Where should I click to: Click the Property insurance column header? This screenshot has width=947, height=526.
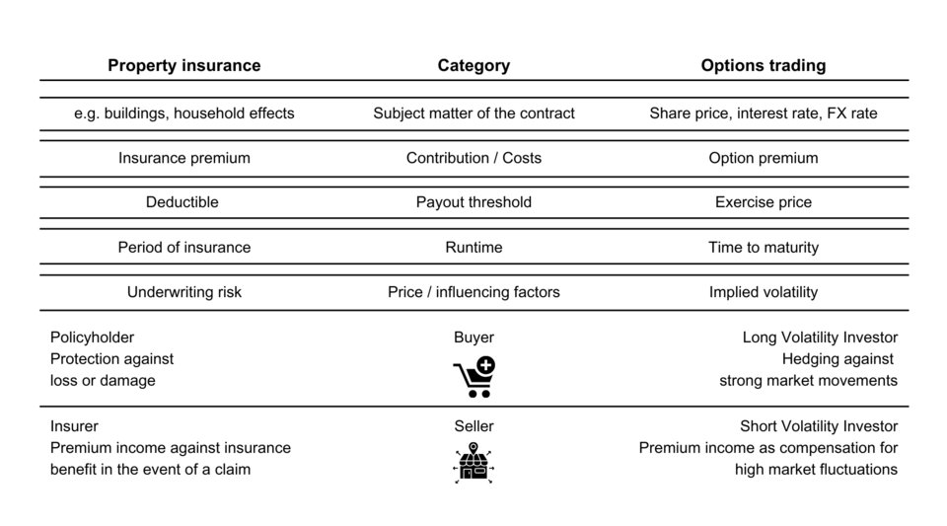pos(184,65)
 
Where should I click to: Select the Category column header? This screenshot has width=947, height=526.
pos(473,65)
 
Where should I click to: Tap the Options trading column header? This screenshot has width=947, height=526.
pos(764,65)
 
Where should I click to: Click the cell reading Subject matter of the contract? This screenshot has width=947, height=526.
pos(473,113)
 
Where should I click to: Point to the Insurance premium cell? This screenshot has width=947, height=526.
pos(184,158)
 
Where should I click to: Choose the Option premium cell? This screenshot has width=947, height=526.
pos(764,158)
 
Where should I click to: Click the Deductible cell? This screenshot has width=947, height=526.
pos(182,201)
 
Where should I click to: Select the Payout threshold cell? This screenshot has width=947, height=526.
pos(473,201)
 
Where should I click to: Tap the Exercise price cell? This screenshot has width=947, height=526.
pos(764,201)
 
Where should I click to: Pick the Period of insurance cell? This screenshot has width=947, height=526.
pos(184,247)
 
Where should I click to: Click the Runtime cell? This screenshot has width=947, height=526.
pos(473,247)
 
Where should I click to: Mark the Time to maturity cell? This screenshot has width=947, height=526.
pos(764,247)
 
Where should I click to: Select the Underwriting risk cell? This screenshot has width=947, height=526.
pos(184,292)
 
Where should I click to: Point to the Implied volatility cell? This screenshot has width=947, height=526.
pos(764,292)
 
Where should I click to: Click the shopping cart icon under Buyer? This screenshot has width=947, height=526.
pos(474,377)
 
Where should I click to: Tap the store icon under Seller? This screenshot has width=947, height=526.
pos(473,463)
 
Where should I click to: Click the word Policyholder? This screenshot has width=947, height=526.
pos(93,337)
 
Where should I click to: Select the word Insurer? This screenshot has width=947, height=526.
pos(74,425)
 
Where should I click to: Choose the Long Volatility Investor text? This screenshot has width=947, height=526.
pos(820,337)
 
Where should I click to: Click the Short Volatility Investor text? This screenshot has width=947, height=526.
pos(819,425)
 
